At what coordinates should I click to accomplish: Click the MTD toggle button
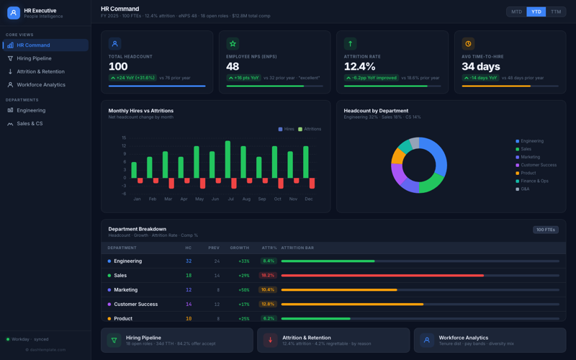[x=516, y=12]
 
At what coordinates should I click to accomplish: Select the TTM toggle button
[x=555, y=12]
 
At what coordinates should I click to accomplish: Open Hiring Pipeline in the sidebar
[x=34, y=58]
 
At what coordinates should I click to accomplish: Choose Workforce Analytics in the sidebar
[x=41, y=84]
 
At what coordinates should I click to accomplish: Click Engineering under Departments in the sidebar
[x=31, y=110]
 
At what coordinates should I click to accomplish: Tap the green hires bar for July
[x=228, y=159]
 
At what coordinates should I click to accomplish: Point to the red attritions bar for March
[x=171, y=184]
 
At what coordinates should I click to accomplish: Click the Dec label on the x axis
[x=309, y=199]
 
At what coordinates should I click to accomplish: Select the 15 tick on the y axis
[x=124, y=138]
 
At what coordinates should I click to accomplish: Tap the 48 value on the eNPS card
[x=233, y=66]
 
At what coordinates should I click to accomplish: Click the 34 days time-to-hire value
[x=480, y=66]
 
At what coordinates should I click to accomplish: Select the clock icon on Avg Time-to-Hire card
[x=468, y=44]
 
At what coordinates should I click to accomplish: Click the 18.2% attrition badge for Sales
[x=268, y=275]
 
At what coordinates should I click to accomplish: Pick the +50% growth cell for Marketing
[x=243, y=289]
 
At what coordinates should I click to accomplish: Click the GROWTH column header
[x=240, y=248]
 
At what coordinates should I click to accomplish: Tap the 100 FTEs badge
[x=545, y=230]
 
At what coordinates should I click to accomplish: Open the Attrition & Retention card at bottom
[x=333, y=340]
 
